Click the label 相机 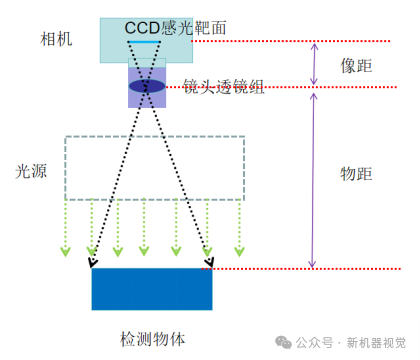pos(57,39)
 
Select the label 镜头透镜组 pos(224,88)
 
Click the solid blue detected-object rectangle pos(151,289)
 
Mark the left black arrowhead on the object pos(92,263)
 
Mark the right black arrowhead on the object pos(208,263)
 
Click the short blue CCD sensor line pos(147,43)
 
